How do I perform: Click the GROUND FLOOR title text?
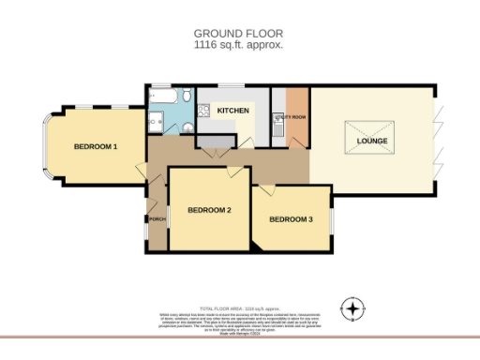tap(238, 33)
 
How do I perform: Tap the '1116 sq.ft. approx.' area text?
tap(238, 44)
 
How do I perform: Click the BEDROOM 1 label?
tap(96, 147)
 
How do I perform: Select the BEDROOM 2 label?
tap(209, 210)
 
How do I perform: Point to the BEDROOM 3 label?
tap(291, 219)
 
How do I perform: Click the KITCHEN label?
tap(233, 112)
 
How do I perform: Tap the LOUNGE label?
tap(372, 141)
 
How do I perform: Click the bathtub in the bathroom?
tap(167, 96)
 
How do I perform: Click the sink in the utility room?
tap(277, 119)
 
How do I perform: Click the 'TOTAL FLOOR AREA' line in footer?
tap(238, 307)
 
